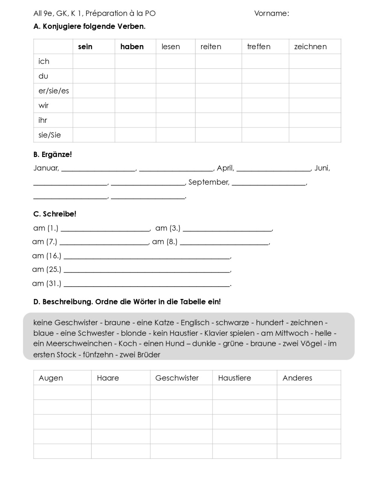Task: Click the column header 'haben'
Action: [x=132, y=47]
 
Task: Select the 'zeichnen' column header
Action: [x=310, y=47]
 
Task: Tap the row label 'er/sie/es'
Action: [x=54, y=91]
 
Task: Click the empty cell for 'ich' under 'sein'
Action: [x=94, y=61]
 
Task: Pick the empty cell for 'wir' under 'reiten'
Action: [x=218, y=106]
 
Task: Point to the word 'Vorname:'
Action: [x=271, y=14]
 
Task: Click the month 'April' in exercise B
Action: [x=225, y=168]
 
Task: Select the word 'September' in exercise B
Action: [x=209, y=182]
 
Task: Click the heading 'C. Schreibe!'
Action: [x=55, y=214]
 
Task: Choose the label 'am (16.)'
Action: [x=47, y=256]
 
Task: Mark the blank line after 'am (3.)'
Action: [x=227, y=229]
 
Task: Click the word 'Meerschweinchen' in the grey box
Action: [x=79, y=344]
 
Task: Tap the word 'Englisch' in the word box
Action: [x=195, y=323]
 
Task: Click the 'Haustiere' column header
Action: [x=234, y=378]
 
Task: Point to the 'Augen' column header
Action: [x=51, y=378]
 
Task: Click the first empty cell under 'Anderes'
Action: [x=309, y=392]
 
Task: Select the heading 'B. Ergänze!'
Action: [x=53, y=154]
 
